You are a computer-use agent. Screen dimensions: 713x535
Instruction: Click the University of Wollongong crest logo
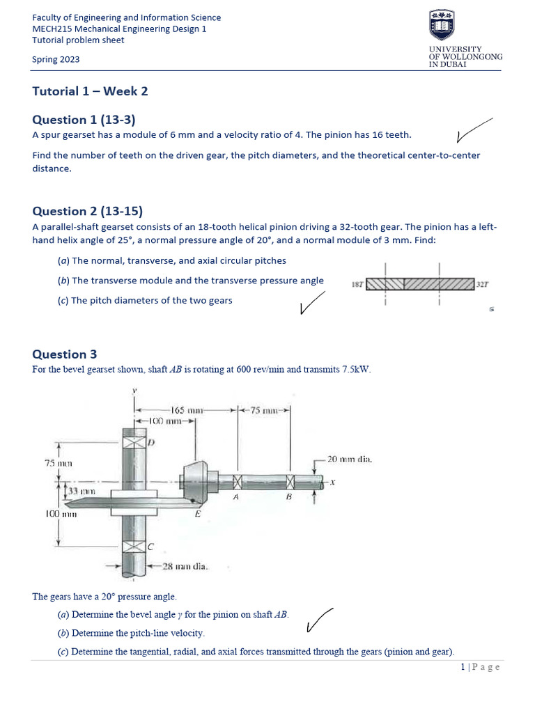(442, 26)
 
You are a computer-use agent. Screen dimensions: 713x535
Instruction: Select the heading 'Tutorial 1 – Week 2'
(90, 91)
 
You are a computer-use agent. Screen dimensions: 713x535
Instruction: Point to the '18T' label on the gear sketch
(357, 285)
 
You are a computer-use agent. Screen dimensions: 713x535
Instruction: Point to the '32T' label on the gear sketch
(483, 285)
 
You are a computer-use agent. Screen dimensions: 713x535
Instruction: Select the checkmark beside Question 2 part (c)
(311, 302)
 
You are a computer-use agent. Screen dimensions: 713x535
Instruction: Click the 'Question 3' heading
(64, 354)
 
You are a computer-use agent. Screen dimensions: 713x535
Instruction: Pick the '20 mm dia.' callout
(350, 459)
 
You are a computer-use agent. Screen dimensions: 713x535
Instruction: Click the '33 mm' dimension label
(82, 492)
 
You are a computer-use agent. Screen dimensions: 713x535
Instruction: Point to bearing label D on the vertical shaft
(150, 442)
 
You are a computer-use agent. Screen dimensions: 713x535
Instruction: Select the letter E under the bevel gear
(198, 515)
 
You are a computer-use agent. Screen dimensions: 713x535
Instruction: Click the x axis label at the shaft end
(332, 482)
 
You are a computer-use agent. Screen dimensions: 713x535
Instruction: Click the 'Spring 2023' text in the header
(56, 59)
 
